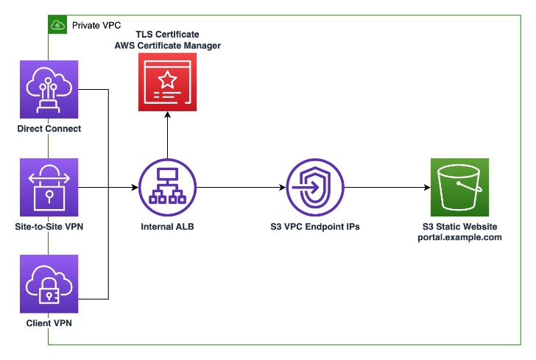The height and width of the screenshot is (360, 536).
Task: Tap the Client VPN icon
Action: point(49,284)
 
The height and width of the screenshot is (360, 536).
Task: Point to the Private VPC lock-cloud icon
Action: point(57,25)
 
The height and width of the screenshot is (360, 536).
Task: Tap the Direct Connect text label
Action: point(49,130)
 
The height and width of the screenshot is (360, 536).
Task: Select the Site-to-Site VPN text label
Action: point(49,227)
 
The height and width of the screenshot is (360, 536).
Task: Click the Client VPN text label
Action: point(49,322)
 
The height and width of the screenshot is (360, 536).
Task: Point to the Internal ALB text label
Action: point(167,227)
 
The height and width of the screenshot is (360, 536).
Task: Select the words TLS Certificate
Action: point(167,35)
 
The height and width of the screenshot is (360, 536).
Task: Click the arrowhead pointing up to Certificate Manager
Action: point(167,116)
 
